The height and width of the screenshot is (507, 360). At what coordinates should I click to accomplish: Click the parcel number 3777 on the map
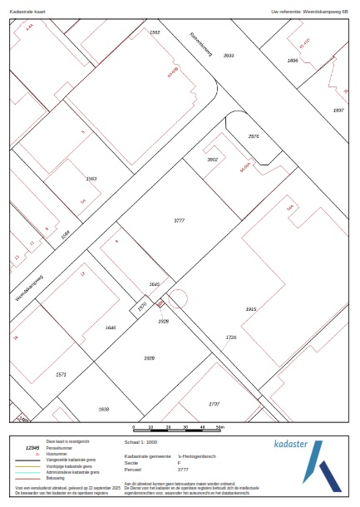pos(179,220)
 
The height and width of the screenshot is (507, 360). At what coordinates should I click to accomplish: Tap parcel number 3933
pos(229,55)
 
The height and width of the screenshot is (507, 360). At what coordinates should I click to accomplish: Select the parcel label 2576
pos(254,135)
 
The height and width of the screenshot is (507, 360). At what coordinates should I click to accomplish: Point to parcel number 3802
pos(212,159)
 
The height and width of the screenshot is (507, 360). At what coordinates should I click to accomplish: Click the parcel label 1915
pos(251,309)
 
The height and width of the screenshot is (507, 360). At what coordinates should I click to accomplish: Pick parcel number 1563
pos(91,179)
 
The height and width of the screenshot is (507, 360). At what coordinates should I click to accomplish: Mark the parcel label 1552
pos(155,32)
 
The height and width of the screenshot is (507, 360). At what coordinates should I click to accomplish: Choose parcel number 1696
pos(292,61)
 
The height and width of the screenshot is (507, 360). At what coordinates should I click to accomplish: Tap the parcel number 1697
pos(338,110)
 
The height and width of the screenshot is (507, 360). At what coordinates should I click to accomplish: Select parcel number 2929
pos(150,357)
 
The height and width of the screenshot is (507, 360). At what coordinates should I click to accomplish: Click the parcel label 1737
pos(214,403)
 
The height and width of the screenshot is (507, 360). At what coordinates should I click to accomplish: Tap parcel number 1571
pos(61,375)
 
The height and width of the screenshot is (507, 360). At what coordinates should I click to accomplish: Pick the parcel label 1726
pos(231,337)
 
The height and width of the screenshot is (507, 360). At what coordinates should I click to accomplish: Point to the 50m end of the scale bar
pos(219,427)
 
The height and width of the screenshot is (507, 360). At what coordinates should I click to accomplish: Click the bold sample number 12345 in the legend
pos(32,447)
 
